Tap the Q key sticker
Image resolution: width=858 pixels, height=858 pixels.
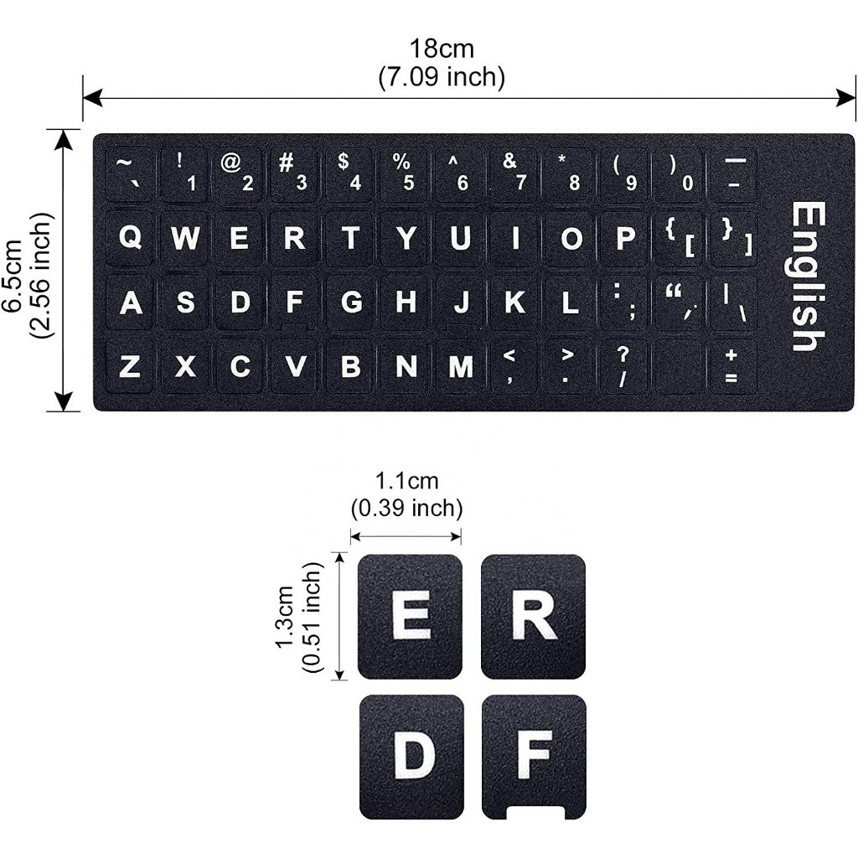pyautogui.click(x=130, y=239)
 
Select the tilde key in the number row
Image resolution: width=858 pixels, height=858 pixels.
pyautogui.click(x=129, y=173)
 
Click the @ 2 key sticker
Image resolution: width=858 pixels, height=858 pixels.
pyautogui.click(x=238, y=173)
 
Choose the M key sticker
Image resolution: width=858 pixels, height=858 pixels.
pyautogui.click(x=460, y=366)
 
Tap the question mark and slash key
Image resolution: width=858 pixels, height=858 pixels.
pyautogui.click(x=623, y=366)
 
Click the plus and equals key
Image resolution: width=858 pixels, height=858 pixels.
pyautogui.click(x=732, y=366)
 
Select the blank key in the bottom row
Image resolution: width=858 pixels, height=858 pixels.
pyautogui.click(x=678, y=366)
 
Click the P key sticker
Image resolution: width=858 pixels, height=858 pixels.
pyautogui.click(x=625, y=239)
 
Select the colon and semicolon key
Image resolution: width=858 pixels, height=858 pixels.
pyautogui.click(x=623, y=302)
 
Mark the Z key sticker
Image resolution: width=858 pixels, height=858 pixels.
pyautogui.click(x=130, y=366)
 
